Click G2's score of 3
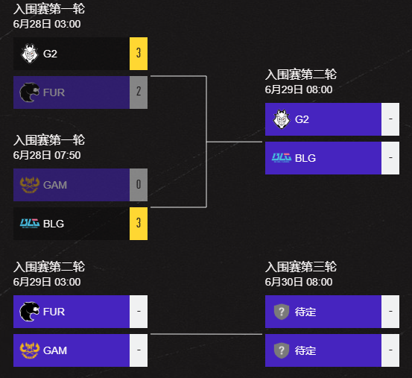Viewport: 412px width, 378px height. [138, 54]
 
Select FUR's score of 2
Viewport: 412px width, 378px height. [138, 92]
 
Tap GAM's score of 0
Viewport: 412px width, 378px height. [138, 185]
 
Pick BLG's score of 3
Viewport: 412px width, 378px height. [138, 224]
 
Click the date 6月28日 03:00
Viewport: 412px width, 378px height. [47, 24]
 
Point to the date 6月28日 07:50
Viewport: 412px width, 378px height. [47, 155]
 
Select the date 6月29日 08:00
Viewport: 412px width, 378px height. [299, 89]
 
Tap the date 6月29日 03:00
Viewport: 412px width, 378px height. [47, 282]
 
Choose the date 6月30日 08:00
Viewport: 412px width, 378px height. [299, 282]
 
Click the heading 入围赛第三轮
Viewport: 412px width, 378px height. [301, 267]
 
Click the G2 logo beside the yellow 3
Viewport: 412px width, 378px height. [29, 54]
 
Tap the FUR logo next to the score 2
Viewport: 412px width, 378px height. [29, 92]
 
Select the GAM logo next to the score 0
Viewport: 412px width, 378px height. [29, 185]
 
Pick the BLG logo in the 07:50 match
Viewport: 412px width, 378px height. [29, 224]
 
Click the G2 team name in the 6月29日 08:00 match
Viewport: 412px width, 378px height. [302, 119]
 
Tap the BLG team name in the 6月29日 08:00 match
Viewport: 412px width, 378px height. [305, 158]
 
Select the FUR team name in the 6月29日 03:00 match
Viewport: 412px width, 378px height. [54, 312]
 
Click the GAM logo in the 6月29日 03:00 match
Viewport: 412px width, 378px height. [29, 350]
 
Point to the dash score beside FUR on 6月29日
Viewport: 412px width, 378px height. [138, 312]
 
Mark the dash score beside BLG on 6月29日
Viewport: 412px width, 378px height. [390, 158]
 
